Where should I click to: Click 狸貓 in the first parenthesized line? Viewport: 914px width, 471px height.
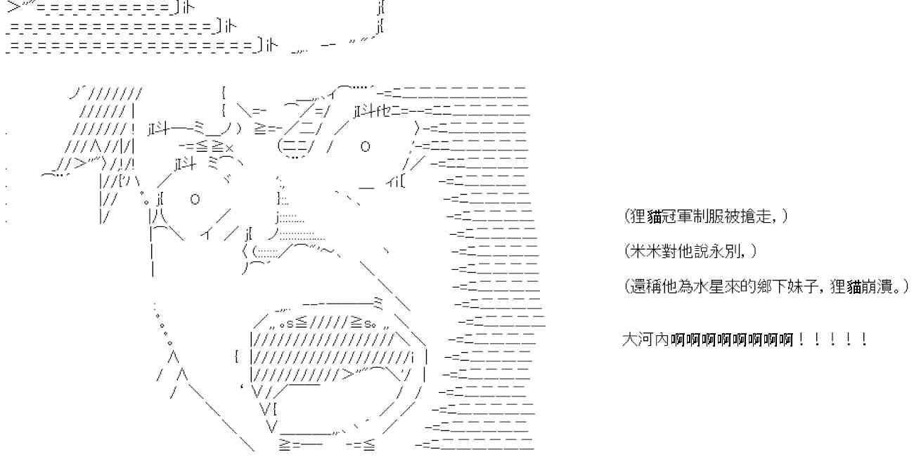click(x=646, y=217)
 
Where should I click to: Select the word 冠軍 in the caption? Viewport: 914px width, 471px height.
click(x=676, y=217)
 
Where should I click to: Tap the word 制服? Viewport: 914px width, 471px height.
click(x=707, y=217)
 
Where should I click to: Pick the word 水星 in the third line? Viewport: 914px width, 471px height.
click(x=707, y=287)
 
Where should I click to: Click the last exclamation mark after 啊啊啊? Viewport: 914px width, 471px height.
click(x=864, y=340)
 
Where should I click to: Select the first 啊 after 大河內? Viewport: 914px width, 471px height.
click(x=677, y=340)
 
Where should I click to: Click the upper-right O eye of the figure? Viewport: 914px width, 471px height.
click(x=365, y=146)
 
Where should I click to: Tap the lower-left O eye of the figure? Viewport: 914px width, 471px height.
click(x=195, y=199)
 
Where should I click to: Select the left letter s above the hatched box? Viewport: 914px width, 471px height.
click(x=290, y=324)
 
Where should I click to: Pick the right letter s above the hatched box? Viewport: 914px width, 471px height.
click(x=367, y=324)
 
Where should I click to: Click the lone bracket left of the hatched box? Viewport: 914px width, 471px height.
click(x=237, y=356)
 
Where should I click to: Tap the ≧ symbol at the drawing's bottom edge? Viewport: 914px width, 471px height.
click(x=285, y=444)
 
